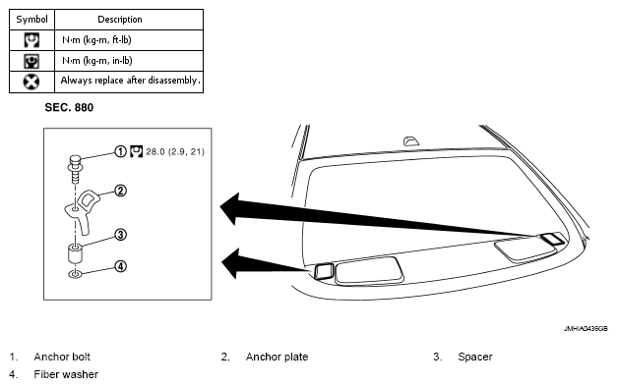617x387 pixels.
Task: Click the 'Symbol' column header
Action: (31, 20)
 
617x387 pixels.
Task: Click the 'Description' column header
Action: (120, 20)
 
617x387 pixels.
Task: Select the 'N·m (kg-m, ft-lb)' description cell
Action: (96, 40)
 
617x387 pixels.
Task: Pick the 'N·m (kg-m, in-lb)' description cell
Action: (97, 61)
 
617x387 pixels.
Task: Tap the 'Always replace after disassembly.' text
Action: (130, 81)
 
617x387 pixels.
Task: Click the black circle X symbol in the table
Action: (31, 82)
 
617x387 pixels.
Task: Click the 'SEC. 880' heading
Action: (69, 108)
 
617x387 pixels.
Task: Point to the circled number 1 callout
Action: (120, 151)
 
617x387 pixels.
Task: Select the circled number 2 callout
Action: (120, 191)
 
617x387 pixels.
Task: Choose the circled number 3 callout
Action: (120, 235)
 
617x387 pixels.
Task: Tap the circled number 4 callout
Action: (120, 266)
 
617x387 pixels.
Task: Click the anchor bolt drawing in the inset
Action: (75, 168)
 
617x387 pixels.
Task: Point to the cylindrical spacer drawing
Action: (75, 253)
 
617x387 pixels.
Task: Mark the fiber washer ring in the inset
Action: (75, 274)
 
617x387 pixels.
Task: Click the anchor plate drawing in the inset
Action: (83, 210)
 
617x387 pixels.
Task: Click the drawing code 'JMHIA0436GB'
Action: (586, 328)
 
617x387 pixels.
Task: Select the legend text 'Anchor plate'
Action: (278, 357)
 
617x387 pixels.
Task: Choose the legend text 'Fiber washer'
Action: (66, 374)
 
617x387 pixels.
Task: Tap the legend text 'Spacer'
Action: (475, 358)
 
